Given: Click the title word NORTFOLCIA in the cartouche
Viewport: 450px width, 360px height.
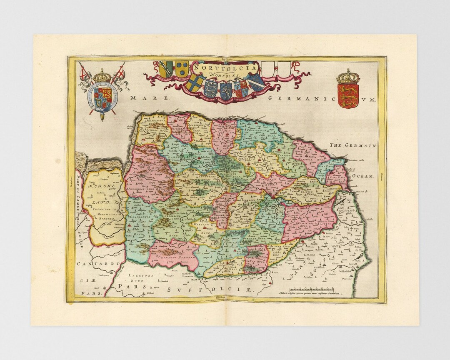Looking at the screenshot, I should click(225, 67).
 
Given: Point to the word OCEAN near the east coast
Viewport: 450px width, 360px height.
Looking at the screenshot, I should click(364, 176).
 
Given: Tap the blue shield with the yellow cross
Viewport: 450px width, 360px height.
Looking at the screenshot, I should click(195, 83).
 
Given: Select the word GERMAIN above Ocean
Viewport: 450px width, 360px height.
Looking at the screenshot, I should click(361, 145).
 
